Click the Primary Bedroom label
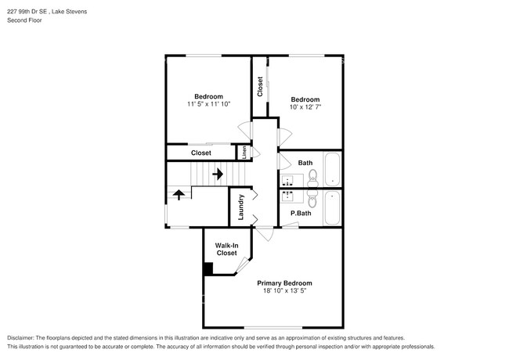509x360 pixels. tap(284, 283)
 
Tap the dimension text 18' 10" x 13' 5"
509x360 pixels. tap(284, 290)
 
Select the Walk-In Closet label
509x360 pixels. tap(226, 249)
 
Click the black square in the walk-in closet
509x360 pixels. tap(208, 268)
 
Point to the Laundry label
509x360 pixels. tap(241, 207)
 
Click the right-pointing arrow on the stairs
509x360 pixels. tap(218, 171)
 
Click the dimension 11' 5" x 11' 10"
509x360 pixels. tap(209, 104)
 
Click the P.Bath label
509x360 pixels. tap(301, 213)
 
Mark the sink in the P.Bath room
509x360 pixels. tap(287, 195)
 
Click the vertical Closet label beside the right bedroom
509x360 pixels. tap(260, 86)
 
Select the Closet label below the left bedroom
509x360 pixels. tap(201, 153)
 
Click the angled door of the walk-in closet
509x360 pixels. tap(242, 265)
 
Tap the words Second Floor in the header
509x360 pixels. tap(26, 20)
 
